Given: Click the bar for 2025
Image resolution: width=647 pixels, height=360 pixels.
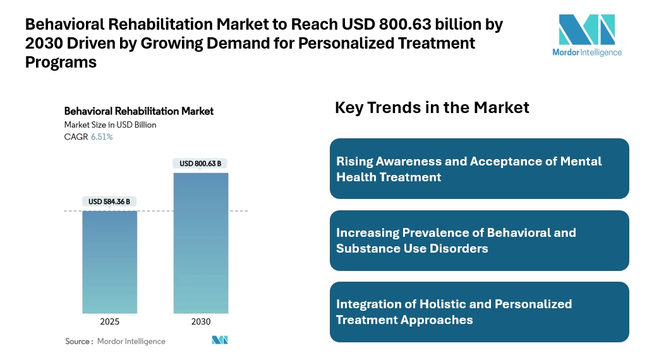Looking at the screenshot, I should click(110, 261).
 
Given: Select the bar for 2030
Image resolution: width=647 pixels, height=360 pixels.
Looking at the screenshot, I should click(200, 243).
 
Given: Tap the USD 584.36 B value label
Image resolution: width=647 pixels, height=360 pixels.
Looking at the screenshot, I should click(109, 201).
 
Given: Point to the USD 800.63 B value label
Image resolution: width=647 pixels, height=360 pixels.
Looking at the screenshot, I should click(200, 164).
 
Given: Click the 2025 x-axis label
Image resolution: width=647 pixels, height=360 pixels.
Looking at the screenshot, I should click(110, 321).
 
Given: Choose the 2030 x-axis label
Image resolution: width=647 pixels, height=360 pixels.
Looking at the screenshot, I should click(200, 321).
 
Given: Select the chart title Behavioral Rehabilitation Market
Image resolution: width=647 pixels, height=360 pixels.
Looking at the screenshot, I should click(139, 111).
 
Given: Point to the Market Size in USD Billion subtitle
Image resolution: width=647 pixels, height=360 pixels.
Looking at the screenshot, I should click(110, 124).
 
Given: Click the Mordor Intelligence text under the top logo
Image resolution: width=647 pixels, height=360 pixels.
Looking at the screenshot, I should click(587, 52).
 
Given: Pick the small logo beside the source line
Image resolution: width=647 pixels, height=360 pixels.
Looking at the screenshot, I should click(219, 340).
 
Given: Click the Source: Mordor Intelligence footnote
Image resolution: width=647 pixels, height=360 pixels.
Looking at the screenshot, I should click(115, 341).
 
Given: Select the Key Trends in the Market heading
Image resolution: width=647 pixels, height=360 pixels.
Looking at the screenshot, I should click(432, 107).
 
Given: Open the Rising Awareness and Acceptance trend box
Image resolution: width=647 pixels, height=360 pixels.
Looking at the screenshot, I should click(479, 169).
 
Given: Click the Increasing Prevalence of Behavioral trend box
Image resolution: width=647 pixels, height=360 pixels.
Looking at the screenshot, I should click(479, 240).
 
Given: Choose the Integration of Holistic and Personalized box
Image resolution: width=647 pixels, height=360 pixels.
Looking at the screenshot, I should click(479, 312).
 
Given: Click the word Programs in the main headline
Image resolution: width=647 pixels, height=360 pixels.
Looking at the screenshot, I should click(61, 62).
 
